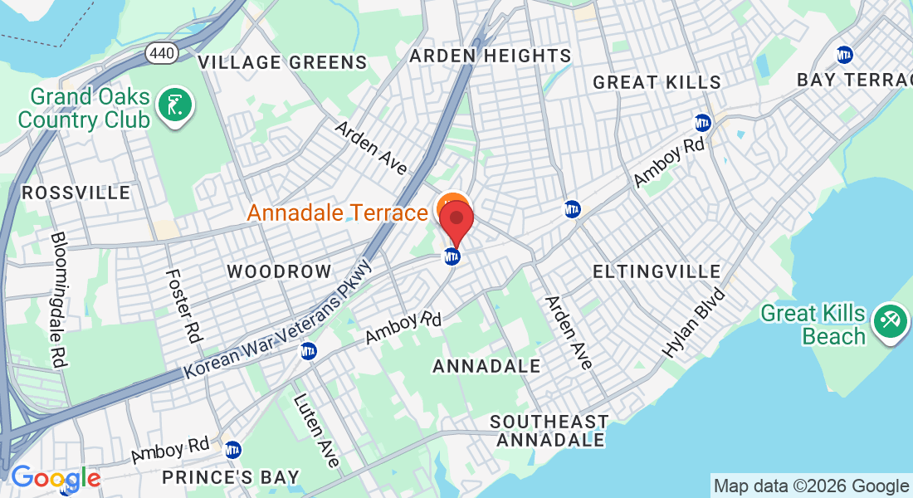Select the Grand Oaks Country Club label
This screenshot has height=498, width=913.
pos(84,108)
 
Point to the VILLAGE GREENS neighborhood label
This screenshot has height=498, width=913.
pos(282,62)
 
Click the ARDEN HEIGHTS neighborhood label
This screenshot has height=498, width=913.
pos(491,56)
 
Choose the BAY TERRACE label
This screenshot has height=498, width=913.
pos(854,80)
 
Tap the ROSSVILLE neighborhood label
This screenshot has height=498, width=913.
pos(76,193)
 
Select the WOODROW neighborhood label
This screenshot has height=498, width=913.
pos(279,271)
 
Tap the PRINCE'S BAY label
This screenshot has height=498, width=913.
pos(231,477)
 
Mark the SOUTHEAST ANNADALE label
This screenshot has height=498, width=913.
pos(549,431)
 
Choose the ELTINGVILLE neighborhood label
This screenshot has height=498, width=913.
pos(657,272)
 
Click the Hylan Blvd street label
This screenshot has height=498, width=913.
pos(694,323)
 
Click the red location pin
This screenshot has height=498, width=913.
pos(456,220)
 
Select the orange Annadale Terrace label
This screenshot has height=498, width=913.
pos(337,213)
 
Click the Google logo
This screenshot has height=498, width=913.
pos(55,478)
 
